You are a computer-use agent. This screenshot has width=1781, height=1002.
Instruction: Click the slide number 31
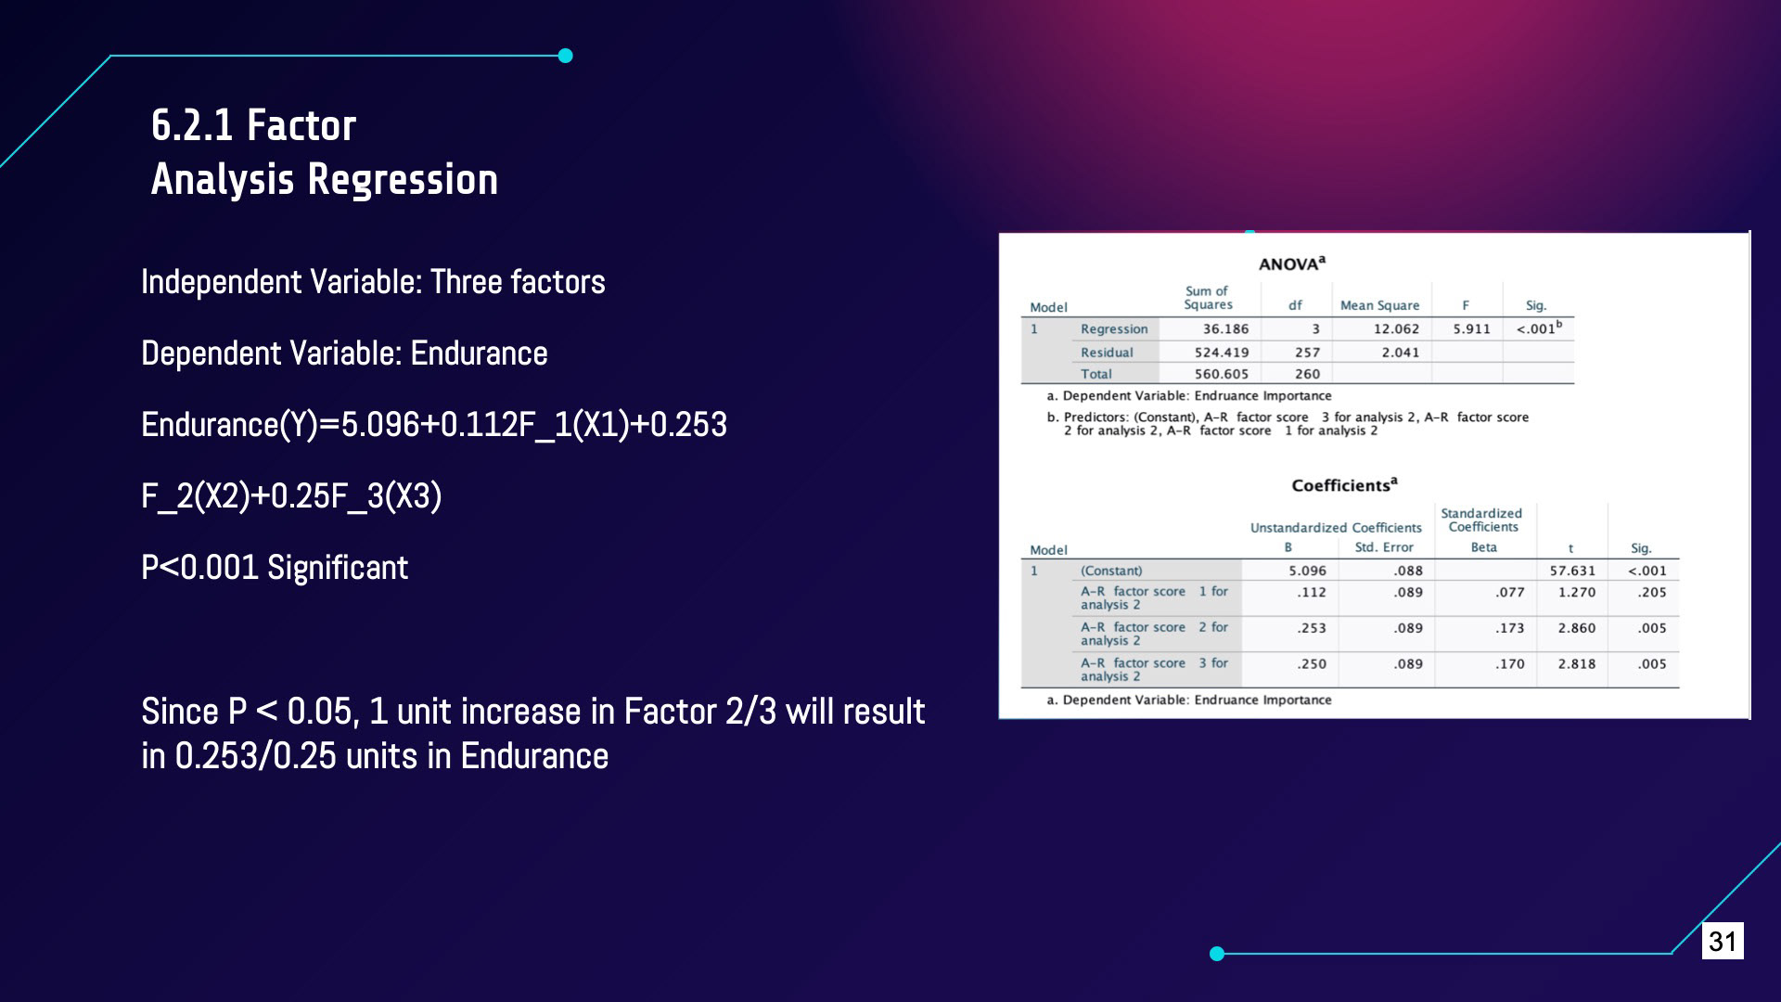[1723, 941]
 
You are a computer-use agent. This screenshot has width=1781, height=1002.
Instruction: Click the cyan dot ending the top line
[566, 56]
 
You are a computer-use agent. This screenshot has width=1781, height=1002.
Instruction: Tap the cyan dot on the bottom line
[1217, 953]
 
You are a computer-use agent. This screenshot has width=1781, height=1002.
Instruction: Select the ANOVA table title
[1292, 263]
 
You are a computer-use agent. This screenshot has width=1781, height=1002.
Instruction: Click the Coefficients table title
[1344, 485]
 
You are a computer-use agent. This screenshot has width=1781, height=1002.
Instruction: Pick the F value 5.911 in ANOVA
[1471, 328]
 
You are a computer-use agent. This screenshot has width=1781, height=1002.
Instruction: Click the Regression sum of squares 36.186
[1225, 328]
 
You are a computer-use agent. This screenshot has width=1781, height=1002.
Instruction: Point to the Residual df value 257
[1307, 353]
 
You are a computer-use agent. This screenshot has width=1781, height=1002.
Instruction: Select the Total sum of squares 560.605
[1222, 374]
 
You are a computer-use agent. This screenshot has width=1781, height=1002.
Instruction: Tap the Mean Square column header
[1379, 305]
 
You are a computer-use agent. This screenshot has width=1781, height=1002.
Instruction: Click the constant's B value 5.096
[1307, 571]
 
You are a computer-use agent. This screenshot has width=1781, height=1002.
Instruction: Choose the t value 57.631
[1572, 571]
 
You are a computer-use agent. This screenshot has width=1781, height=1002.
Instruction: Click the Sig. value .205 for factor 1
[1652, 592]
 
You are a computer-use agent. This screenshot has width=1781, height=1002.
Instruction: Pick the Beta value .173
[1510, 628]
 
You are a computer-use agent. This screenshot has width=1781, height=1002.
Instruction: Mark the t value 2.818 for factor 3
[1577, 664]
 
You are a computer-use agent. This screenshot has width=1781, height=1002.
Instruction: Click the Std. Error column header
[1384, 547]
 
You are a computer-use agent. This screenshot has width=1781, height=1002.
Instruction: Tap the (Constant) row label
[1111, 571]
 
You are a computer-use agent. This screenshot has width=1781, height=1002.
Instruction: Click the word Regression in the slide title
[403, 180]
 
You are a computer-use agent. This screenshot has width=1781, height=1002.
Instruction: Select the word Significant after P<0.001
[338, 567]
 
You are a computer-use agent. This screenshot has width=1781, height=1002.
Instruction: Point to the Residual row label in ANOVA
[1107, 353]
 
